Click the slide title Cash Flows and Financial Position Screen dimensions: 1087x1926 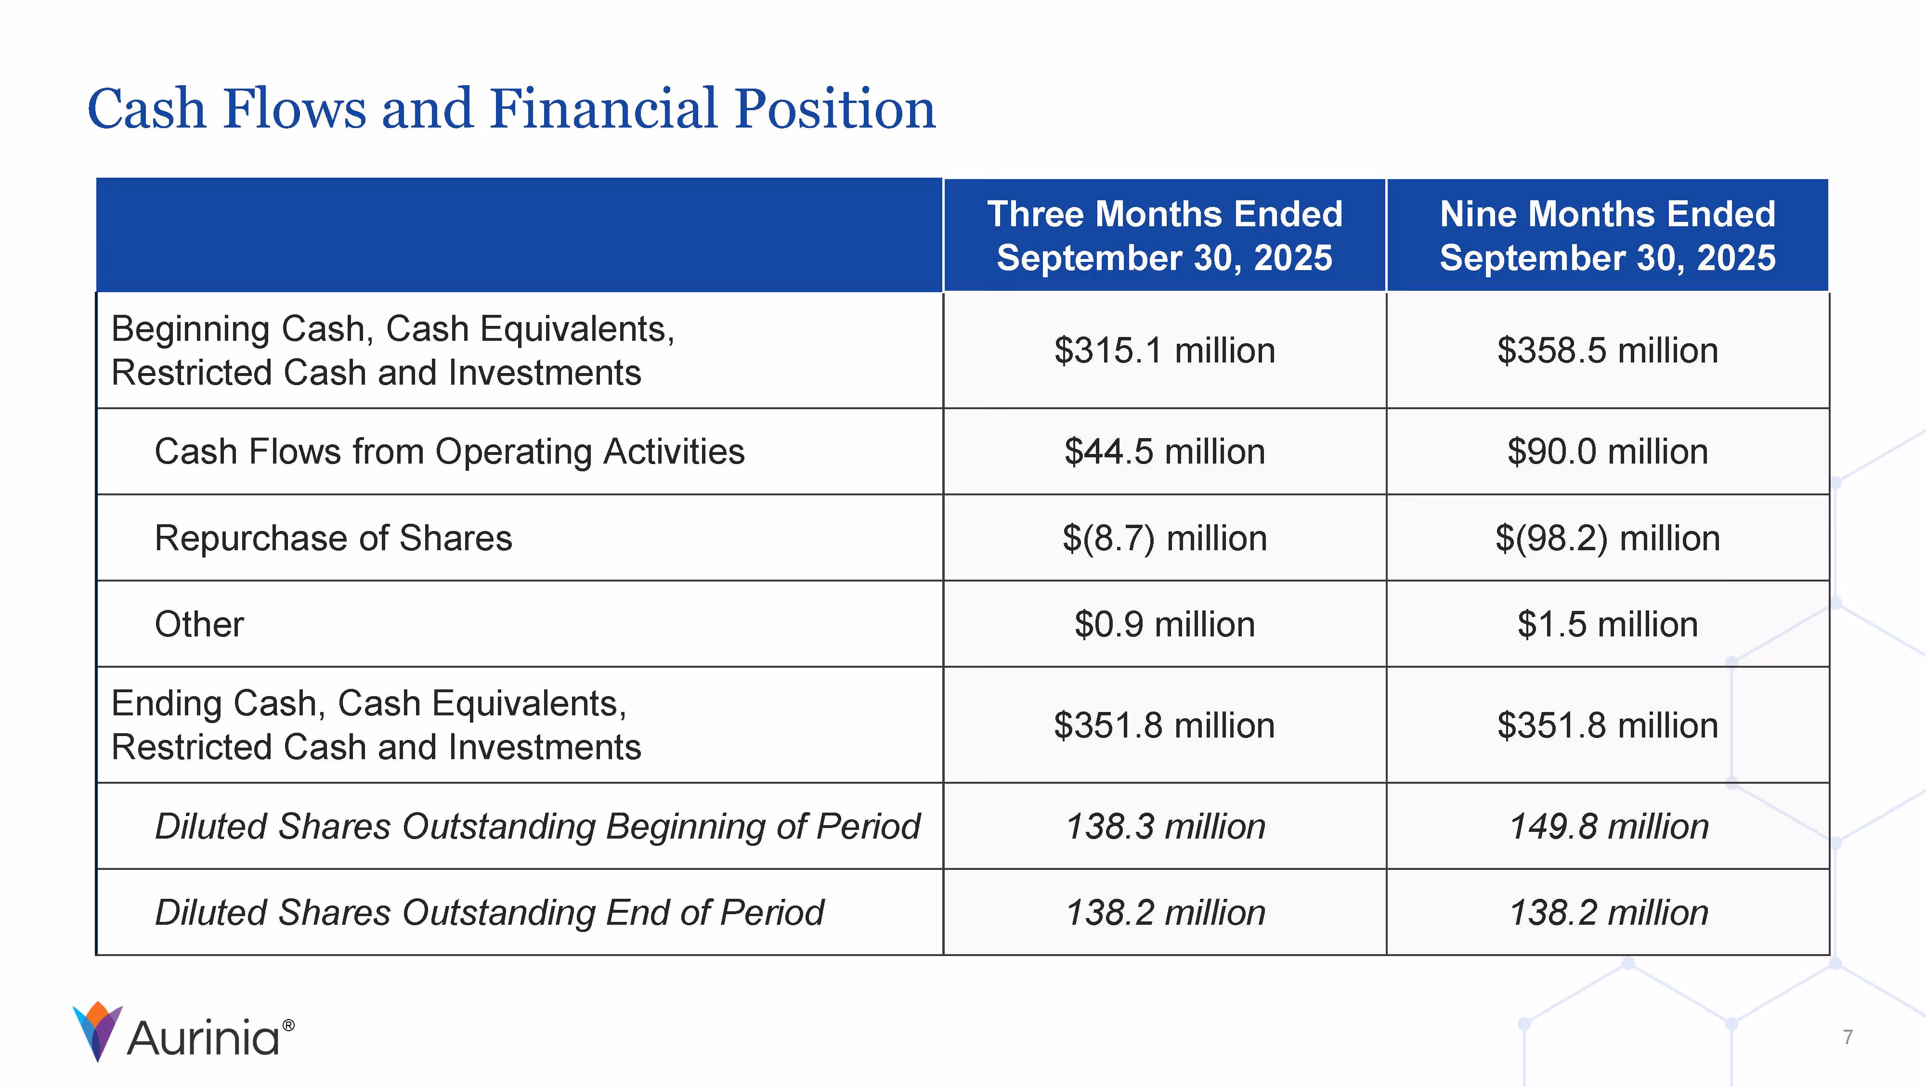click(511, 109)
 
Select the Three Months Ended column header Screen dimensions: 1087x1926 click(1164, 235)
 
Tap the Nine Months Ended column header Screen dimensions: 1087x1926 click(1608, 235)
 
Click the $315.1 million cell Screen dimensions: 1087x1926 click(1164, 350)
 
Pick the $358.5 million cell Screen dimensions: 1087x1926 click(1608, 350)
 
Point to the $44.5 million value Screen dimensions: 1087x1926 click(1164, 452)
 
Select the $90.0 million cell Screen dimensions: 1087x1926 click(1608, 452)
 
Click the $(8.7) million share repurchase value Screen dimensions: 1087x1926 click(1164, 538)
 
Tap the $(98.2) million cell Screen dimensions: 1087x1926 click(1608, 538)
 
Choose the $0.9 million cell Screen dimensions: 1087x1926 click(1164, 624)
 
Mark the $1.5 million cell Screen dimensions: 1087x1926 click(1608, 624)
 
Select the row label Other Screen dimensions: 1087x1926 click(199, 624)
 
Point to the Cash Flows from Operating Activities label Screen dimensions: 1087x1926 click(449, 452)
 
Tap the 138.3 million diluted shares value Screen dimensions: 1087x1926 click(1164, 827)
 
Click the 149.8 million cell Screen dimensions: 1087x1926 click(1608, 827)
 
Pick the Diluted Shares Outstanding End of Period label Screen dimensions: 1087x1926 click(489, 913)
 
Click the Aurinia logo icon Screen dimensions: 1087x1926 click(97, 1031)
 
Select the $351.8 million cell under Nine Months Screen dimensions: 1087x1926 click(1608, 725)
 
